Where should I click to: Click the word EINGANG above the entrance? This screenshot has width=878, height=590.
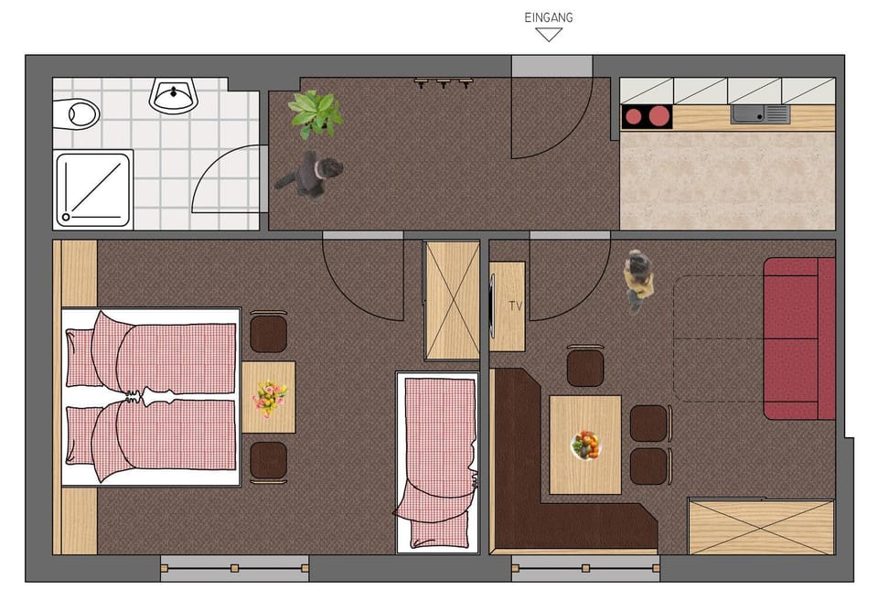549,17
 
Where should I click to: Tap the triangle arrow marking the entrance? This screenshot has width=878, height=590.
549,35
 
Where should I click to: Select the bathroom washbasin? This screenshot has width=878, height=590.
173,95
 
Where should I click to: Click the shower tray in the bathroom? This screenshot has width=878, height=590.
93,188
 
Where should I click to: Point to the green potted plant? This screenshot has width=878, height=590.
316,113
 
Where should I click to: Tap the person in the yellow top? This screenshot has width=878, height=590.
639,279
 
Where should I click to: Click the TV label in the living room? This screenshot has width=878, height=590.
516,306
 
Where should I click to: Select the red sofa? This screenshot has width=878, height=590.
798,338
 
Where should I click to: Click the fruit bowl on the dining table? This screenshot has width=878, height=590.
585,445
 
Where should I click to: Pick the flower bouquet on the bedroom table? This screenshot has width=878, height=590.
270,398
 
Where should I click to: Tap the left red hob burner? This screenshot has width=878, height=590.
634,117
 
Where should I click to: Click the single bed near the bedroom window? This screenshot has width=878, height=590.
438,461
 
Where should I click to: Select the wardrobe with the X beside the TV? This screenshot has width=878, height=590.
452,300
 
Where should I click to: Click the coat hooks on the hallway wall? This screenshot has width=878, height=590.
444,82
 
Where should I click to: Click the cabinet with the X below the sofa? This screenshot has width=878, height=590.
761,526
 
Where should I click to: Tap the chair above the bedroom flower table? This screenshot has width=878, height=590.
269,333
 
